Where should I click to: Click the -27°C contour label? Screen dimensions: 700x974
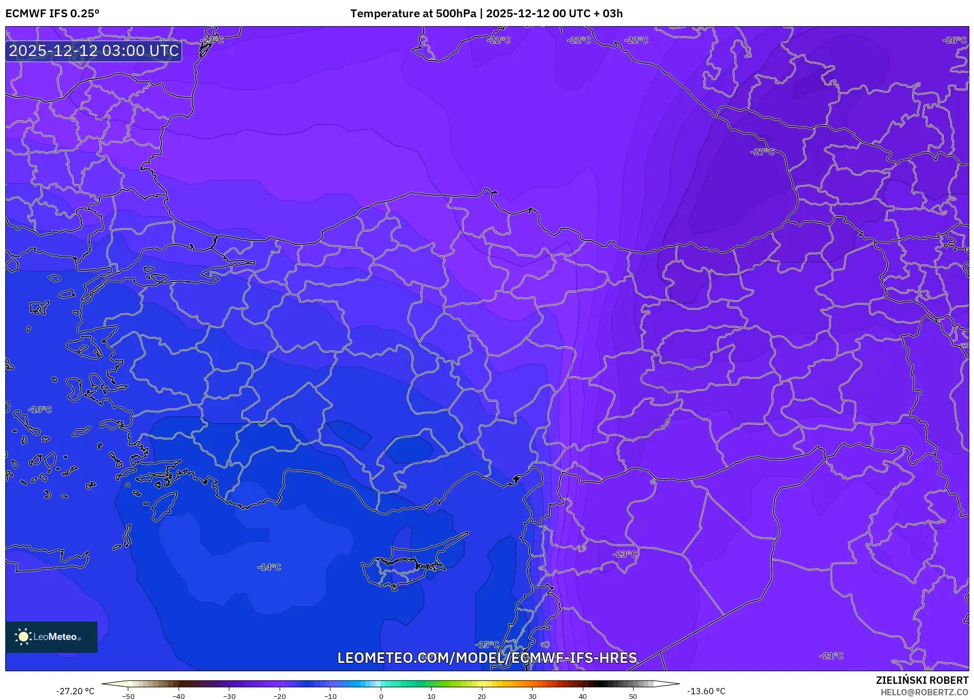762,152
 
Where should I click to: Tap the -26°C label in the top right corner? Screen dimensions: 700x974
954,40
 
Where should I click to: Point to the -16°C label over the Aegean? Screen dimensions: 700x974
40,410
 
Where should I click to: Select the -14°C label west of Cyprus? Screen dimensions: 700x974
269,567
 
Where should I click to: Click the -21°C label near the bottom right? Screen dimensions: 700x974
831,656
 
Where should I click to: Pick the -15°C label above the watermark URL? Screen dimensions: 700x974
487,645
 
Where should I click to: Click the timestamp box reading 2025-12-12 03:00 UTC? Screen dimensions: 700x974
94,51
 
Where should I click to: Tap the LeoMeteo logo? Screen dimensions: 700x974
51,637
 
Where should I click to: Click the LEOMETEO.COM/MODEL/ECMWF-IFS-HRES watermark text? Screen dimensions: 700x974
487,658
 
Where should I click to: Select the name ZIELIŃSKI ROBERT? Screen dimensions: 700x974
922,680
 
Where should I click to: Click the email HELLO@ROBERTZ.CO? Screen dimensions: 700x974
924,692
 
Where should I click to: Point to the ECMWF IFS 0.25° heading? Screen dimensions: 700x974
52,14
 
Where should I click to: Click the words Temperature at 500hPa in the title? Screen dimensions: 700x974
413,14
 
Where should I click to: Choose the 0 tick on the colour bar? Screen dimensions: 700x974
381,696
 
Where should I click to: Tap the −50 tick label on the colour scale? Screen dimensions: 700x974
128,696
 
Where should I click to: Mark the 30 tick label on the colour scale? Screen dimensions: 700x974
532,696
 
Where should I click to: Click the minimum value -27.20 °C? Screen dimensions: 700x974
75,691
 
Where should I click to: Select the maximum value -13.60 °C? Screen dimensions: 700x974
706,691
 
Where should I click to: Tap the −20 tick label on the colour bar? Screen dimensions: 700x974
280,696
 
